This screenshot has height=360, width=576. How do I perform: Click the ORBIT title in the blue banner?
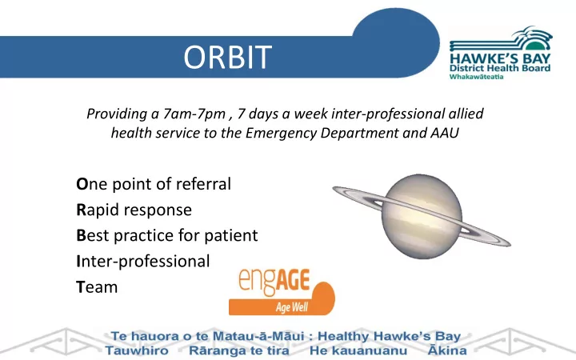[228, 58]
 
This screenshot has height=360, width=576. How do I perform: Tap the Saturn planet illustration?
[422, 216]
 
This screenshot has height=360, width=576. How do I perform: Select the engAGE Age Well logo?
[282, 292]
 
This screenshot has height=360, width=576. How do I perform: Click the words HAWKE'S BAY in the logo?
[500, 58]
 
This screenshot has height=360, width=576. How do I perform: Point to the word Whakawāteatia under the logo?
[476, 77]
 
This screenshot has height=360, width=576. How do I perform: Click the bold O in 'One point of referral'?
[82, 184]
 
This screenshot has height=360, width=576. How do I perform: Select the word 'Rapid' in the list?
[98, 210]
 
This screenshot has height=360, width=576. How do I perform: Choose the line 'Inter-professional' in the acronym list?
[143, 262]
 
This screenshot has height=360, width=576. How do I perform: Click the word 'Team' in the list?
[97, 287]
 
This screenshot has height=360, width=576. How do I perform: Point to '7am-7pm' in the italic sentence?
[194, 114]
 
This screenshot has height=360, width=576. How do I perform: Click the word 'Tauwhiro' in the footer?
[137, 350]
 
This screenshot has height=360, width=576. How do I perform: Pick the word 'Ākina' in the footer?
[447, 350]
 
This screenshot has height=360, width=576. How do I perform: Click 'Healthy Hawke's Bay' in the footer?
[389, 336]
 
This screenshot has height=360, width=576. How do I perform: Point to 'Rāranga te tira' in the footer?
[238, 350]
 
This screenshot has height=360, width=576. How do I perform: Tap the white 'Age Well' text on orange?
[292, 307]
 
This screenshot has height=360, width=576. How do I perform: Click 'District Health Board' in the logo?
[500, 68]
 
